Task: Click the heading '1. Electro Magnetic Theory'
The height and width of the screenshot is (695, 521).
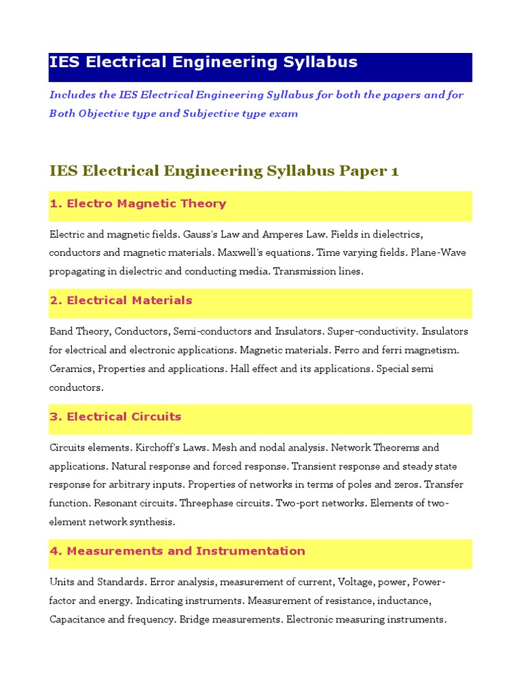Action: (138, 204)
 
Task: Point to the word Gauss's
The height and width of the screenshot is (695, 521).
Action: (200, 234)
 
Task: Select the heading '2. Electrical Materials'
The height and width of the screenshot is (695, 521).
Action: (121, 300)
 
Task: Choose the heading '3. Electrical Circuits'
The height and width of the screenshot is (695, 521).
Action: (115, 417)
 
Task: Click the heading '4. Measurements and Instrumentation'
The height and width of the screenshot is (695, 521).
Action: (177, 551)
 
